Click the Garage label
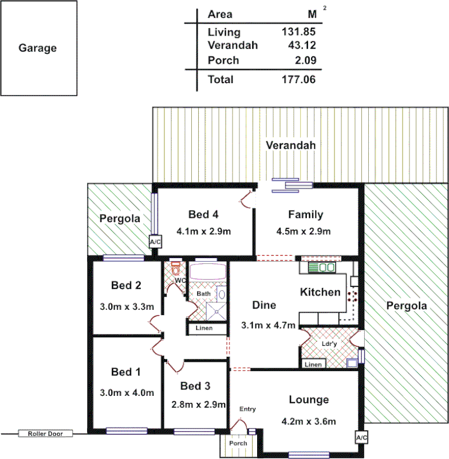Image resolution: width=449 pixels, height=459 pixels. coord(38,48)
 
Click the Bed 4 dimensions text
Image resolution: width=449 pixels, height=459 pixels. coord(203,232)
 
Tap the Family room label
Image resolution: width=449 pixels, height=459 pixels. coord(305,215)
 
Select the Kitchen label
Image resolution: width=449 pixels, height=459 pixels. coord(320,292)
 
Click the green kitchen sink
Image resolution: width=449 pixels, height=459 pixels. coord(321,267)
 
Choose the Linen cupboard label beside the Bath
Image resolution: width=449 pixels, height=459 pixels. coord(204,328)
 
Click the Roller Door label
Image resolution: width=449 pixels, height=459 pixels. coord(46,434)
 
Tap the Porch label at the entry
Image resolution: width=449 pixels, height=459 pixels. coord(238,444)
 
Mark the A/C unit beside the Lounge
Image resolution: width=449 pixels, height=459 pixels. coord(361,438)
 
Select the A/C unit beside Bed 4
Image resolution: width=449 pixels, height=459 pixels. coord(155,243)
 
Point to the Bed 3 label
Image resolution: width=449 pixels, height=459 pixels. coord(195,386)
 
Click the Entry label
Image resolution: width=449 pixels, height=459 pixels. coord(247,409)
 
